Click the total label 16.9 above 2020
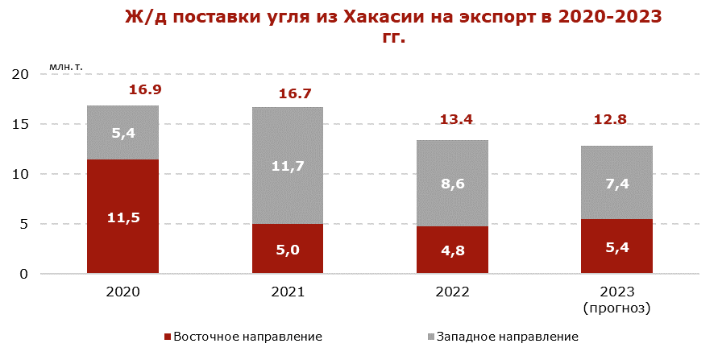(x=145, y=89)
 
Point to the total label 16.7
(x=295, y=94)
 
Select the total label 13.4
(x=455, y=120)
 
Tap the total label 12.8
(x=610, y=120)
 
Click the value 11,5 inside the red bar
(x=123, y=217)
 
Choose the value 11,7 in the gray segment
(x=288, y=167)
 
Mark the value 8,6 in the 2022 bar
(x=452, y=184)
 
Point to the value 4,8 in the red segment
(x=452, y=250)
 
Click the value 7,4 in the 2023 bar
(x=616, y=184)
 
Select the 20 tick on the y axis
(x=21, y=74)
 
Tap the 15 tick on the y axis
(x=21, y=124)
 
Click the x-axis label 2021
(x=288, y=292)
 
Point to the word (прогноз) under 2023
(x=616, y=308)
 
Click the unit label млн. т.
(x=65, y=64)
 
